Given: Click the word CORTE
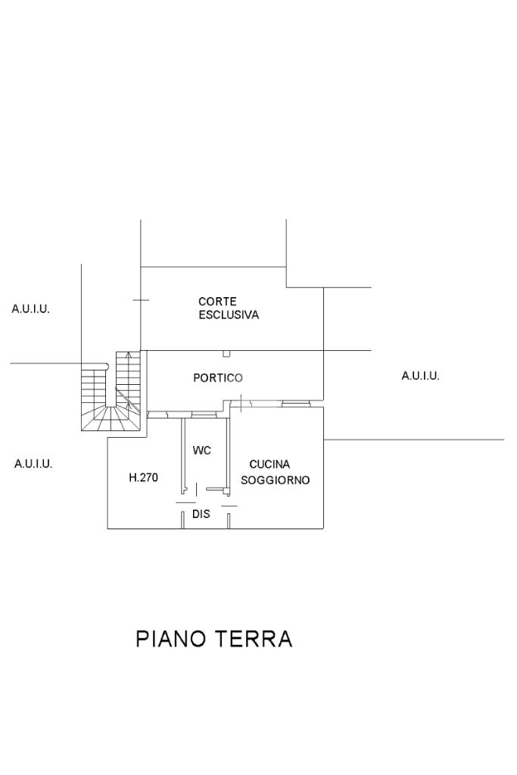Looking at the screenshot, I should click(x=217, y=302).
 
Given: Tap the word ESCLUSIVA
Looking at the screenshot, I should click(x=229, y=315).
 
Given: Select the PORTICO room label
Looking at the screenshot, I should click(x=218, y=377).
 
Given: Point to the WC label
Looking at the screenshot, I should click(x=201, y=451).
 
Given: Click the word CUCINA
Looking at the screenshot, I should click(x=269, y=465).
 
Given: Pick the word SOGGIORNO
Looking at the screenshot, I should click(x=275, y=480).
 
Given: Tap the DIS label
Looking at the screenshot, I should click(x=201, y=514).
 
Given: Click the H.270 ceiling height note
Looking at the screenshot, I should click(x=143, y=478).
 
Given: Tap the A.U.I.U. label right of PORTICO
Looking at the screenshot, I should click(x=420, y=376).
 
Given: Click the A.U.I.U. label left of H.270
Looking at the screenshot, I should click(x=33, y=463).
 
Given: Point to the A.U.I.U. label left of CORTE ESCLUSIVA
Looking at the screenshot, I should click(x=31, y=309).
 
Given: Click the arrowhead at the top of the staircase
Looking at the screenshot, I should click(x=129, y=354).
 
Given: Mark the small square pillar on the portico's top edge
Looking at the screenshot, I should click(x=226, y=353).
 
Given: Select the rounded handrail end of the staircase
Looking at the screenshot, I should click(x=107, y=367).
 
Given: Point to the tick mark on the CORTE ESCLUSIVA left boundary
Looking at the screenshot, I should click(x=141, y=300).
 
